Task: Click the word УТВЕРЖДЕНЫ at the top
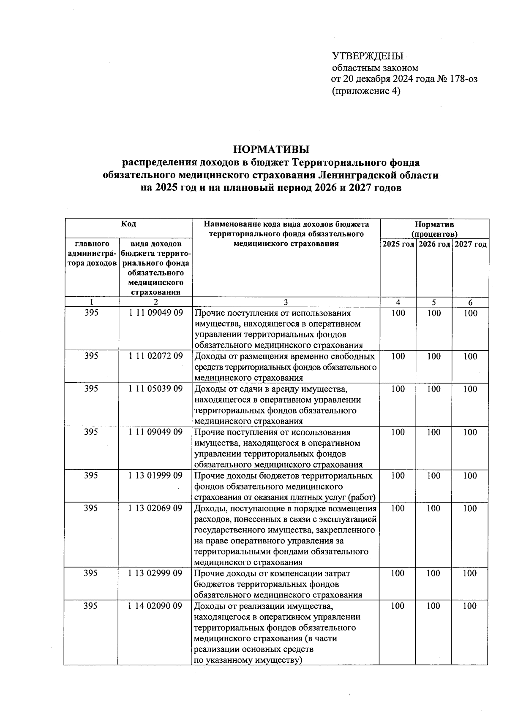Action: pyautogui.click(x=368, y=57)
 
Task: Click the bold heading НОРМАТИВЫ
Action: pyautogui.click(x=271, y=149)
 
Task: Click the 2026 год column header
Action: pyautogui.click(x=434, y=244)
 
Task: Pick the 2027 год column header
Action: pyautogui.click(x=470, y=244)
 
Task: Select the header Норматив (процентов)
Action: pyautogui.click(x=434, y=229)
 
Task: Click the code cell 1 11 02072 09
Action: pyautogui.click(x=155, y=356)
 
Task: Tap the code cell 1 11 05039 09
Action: pyautogui.click(x=155, y=389)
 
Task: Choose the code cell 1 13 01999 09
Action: pyautogui.click(x=155, y=476)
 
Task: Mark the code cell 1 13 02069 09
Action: pyautogui.click(x=155, y=508)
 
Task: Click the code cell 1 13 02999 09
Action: pyautogui.click(x=155, y=573)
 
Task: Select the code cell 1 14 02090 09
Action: pyautogui.click(x=155, y=606)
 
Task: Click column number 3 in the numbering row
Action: pyautogui.click(x=286, y=302)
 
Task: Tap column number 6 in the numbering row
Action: pyautogui.click(x=470, y=302)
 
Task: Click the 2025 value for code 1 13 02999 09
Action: pyautogui.click(x=398, y=573)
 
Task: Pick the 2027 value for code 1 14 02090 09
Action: pyautogui.click(x=470, y=606)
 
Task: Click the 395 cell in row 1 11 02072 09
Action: pyautogui.click(x=91, y=356)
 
